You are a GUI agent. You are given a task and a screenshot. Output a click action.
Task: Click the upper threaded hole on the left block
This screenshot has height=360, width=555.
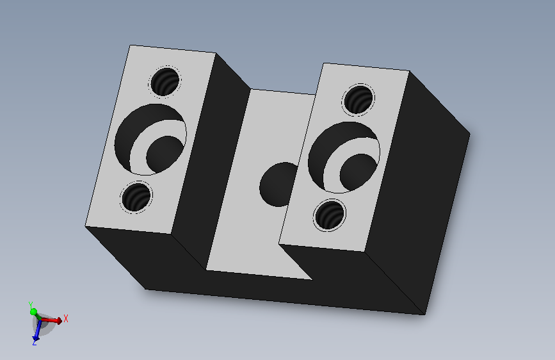pos(165,82)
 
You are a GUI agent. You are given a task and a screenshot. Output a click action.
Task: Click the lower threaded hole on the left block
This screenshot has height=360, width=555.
pos(136,197)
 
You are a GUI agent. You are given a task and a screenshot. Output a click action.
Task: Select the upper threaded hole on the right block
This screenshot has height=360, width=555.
pos(358,100)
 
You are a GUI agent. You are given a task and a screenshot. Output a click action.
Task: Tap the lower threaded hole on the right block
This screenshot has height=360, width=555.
pos(330,215)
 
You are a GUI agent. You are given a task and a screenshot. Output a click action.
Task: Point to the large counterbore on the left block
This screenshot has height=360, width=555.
pos(150,139)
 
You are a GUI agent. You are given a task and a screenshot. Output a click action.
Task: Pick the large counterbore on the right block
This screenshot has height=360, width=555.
pos(344,158)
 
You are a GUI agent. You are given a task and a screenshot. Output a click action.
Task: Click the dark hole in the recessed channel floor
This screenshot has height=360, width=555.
pos(278,184)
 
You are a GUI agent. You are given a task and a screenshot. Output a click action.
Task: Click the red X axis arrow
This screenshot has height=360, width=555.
pos(52,321)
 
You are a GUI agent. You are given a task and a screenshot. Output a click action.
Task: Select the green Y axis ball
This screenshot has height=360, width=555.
pos(34,312)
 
